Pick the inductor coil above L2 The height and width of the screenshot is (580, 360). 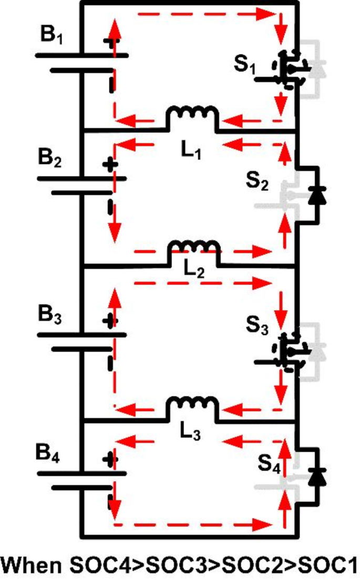coord(192,248)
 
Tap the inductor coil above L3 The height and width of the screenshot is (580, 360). coord(192,405)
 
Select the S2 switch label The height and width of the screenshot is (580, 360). coord(258,182)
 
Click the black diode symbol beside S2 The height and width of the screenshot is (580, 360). coord(316,195)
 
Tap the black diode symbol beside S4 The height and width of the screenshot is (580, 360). coord(316,476)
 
